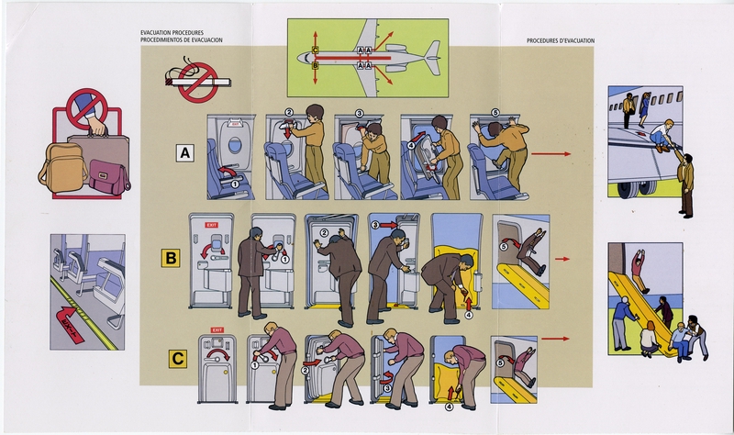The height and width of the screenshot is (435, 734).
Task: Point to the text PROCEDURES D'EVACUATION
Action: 560,41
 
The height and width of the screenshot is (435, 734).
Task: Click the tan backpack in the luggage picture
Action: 61,168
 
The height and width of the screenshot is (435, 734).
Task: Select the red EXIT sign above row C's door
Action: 217,329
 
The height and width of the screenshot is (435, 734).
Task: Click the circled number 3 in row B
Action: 373,222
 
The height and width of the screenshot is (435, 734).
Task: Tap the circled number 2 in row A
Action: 287,114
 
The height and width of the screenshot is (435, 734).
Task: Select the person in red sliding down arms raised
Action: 640,267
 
